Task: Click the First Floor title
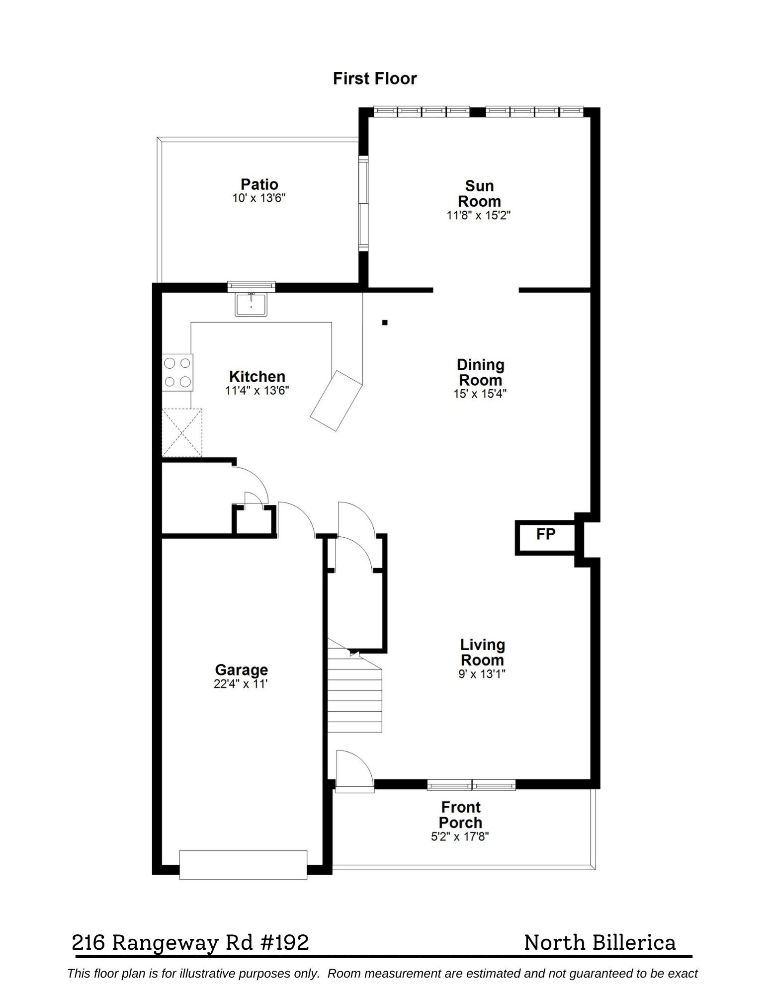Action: point(374,79)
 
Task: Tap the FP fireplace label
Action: point(545,534)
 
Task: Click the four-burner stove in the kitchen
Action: point(177,372)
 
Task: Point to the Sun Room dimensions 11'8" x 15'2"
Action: point(478,215)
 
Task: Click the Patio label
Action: point(259,184)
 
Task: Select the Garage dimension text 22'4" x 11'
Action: point(241,684)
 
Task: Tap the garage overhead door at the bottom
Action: point(243,865)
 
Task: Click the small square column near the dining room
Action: point(385,323)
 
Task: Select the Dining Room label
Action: point(480,372)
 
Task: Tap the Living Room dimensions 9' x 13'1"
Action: point(481,674)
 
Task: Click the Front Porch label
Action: point(460,815)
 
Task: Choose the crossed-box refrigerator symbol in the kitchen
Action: point(182,432)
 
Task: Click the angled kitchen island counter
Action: point(336,401)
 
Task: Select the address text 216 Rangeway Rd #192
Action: point(190,942)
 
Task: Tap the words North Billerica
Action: point(599,942)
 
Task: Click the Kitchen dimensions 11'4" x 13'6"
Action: point(257,390)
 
